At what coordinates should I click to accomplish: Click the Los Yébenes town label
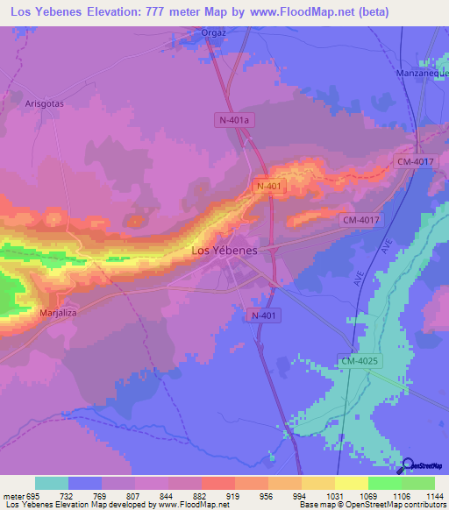pos(224,251)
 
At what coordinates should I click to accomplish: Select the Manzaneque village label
pos(422,74)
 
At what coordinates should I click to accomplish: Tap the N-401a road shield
pos(234,119)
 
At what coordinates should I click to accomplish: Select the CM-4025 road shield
pos(358,361)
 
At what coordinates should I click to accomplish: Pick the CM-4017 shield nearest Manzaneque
pos(416,161)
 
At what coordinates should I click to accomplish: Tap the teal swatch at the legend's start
pos(52,483)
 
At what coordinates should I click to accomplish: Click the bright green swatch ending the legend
pos(418,483)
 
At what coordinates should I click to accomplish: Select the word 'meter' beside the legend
pos(13,496)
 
